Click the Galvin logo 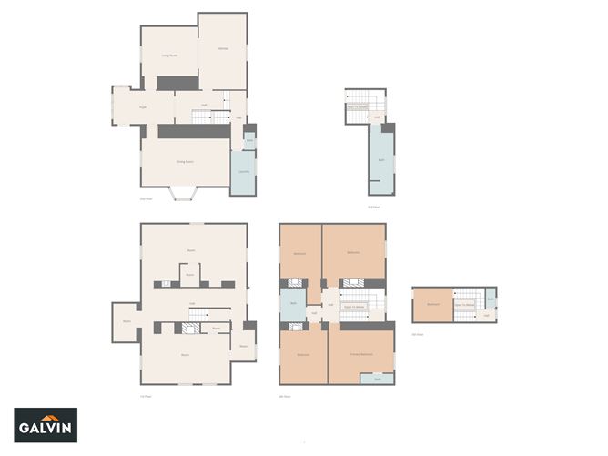point(46,424)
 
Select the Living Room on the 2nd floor point(168,56)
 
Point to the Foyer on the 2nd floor point(143,107)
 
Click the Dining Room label point(187,161)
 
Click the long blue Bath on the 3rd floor point(380,160)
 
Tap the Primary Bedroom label point(361,353)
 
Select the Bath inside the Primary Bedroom point(377,378)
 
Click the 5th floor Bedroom point(433,305)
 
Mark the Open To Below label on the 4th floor point(354,307)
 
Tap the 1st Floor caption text point(145,396)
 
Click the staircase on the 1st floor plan point(199,315)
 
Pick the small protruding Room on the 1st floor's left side point(125,321)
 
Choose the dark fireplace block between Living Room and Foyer point(177,83)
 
